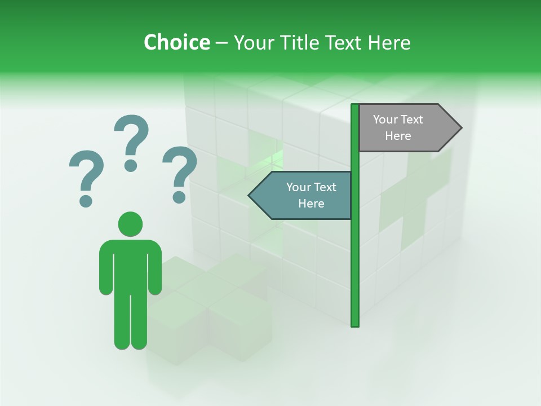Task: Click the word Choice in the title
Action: (176, 42)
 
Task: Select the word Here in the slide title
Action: (389, 42)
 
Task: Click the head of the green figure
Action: (130, 224)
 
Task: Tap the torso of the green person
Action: (130, 265)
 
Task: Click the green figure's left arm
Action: (105, 271)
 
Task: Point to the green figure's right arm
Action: (155, 271)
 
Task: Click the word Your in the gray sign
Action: (385, 120)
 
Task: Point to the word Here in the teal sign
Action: (311, 204)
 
